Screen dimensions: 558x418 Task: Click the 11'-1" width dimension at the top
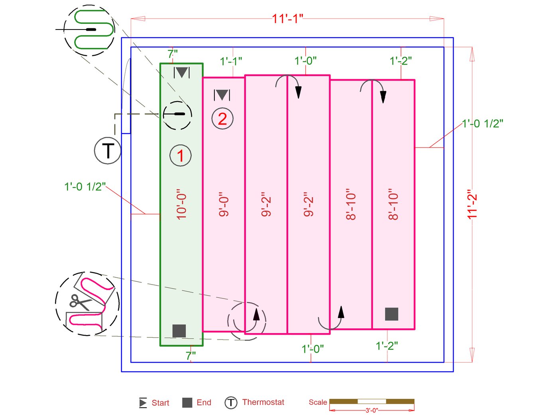(287, 19)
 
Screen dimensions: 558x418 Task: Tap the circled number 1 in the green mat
(181, 155)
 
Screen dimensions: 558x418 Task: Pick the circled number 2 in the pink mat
(222, 119)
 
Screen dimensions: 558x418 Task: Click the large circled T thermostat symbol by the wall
(108, 151)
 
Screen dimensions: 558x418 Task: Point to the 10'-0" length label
(181, 204)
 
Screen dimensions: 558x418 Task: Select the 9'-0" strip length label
(224, 204)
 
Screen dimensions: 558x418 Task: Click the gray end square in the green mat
(179, 331)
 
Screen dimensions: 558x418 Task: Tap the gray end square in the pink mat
(391, 314)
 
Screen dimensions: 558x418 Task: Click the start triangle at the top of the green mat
(181, 73)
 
